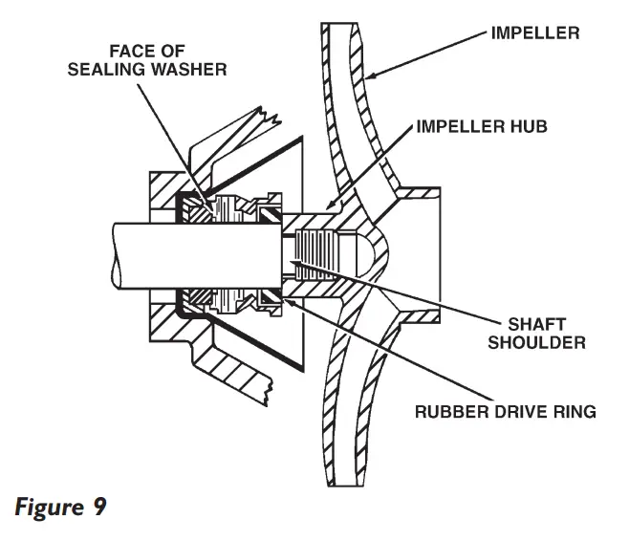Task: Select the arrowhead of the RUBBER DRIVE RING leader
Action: tap(285, 303)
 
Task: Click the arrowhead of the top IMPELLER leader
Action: tap(367, 77)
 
